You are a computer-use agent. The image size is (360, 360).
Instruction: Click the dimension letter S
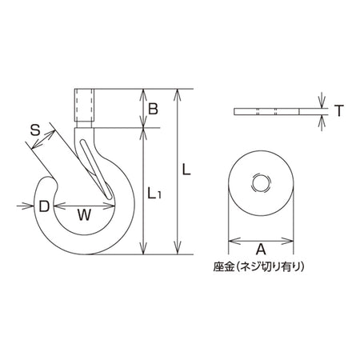point(34,130)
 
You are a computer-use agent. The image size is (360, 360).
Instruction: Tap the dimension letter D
point(44,206)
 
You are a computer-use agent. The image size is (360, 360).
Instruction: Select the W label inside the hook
point(84,215)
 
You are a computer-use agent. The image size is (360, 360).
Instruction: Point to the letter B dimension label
point(153,109)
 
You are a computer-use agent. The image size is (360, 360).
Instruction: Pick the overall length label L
point(186,170)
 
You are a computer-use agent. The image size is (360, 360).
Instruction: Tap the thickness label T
point(339,111)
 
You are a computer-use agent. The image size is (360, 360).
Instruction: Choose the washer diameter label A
point(261,250)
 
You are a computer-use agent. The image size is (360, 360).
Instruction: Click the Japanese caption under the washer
point(258,266)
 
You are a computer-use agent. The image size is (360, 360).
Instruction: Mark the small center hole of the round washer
point(261,183)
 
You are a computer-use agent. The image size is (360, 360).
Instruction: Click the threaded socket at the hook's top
point(84,108)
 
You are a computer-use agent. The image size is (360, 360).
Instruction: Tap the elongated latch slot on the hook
point(97,169)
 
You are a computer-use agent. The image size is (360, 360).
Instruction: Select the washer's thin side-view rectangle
point(266,112)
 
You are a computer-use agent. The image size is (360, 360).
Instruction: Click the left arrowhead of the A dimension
point(234,241)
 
